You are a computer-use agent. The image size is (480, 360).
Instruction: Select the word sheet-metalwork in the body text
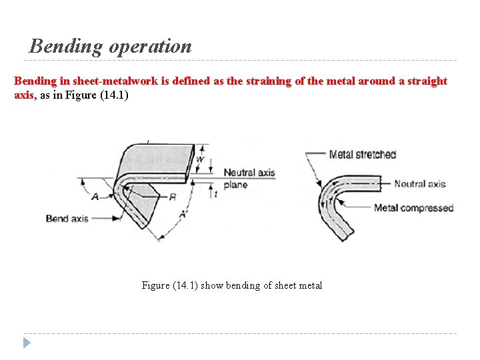click(x=119, y=81)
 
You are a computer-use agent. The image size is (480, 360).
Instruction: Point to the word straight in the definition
click(x=427, y=81)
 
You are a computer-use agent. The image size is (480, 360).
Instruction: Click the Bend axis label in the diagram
click(x=67, y=218)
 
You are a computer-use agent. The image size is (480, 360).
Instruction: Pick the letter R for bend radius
click(x=173, y=197)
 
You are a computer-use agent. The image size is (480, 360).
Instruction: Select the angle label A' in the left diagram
click(x=183, y=215)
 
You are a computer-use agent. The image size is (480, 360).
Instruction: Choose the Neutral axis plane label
click(x=249, y=178)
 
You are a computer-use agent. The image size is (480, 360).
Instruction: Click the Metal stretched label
click(x=362, y=155)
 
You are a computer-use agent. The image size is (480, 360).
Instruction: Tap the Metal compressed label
click(x=413, y=207)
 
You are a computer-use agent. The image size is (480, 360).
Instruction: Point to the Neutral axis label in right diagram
click(x=419, y=184)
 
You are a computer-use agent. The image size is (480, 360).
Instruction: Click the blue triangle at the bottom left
click(x=27, y=343)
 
